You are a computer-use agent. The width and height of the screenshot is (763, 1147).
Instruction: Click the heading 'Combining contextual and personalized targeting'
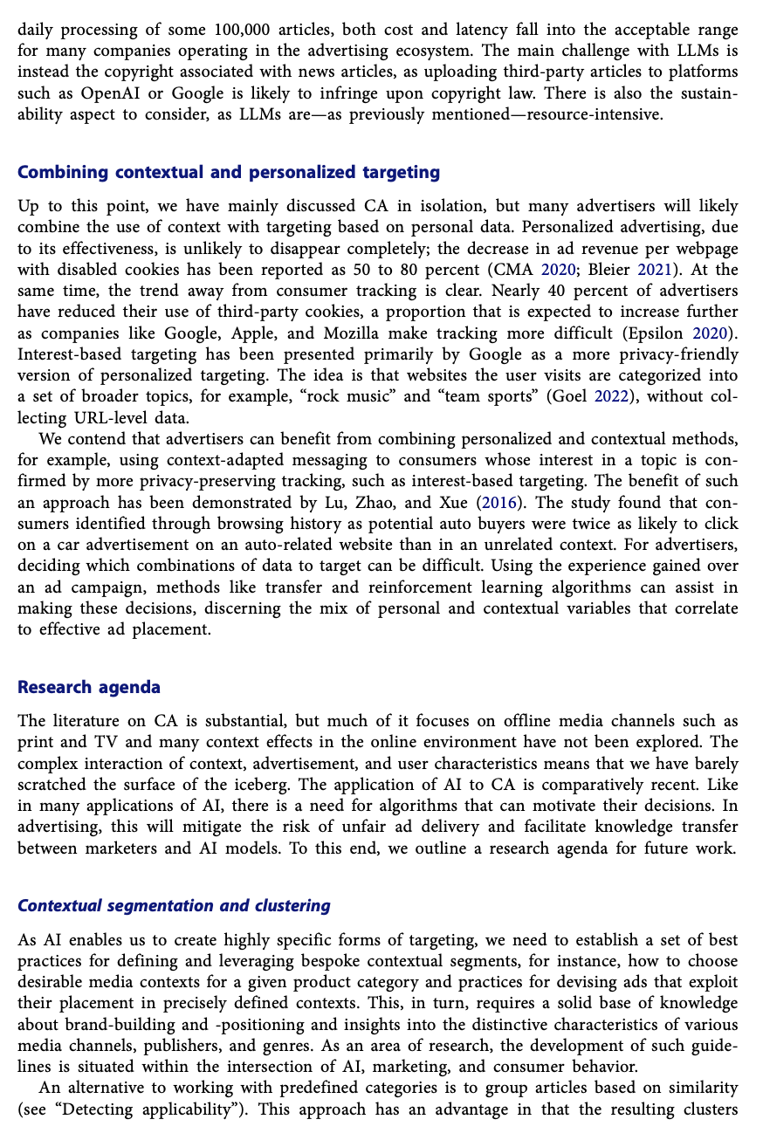(x=229, y=172)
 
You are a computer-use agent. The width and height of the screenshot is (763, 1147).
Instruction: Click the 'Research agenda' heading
(x=89, y=687)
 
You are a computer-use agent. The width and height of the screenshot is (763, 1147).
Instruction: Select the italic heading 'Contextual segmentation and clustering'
(x=174, y=905)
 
